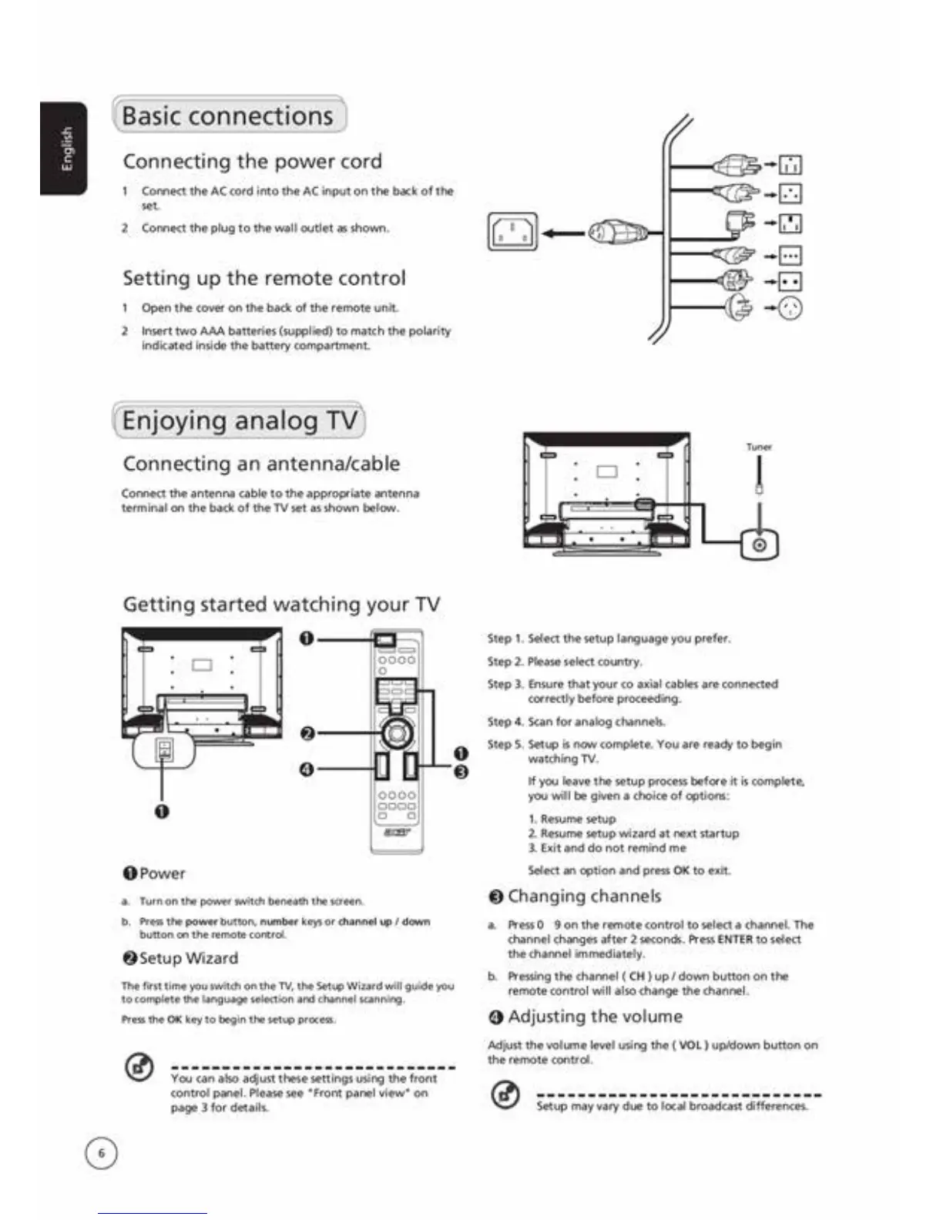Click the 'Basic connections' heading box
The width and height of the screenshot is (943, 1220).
[229, 116]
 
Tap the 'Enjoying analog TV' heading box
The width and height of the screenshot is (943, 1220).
[239, 421]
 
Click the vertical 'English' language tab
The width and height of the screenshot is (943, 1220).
[65, 148]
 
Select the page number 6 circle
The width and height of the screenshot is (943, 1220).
[101, 1153]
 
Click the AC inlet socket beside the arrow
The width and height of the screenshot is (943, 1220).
[512, 232]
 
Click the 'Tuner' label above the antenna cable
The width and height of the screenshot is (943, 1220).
[759, 447]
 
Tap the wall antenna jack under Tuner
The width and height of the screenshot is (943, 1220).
[759, 545]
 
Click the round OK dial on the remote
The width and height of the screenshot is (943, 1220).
[397, 732]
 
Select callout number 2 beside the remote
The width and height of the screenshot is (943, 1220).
[307, 732]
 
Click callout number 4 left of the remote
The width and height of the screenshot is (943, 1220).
[307, 769]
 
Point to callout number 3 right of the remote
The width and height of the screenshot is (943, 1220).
[461, 772]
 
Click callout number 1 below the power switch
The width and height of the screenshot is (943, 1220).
[161, 810]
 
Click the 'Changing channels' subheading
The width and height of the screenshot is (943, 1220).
[576, 897]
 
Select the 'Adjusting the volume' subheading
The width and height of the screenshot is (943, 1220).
[586, 1017]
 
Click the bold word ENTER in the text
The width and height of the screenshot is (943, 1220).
[734, 940]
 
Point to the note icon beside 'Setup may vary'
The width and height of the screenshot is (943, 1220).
[505, 1094]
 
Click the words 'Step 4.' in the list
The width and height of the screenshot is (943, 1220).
[505, 722]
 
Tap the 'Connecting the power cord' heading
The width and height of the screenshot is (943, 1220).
[252, 162]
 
